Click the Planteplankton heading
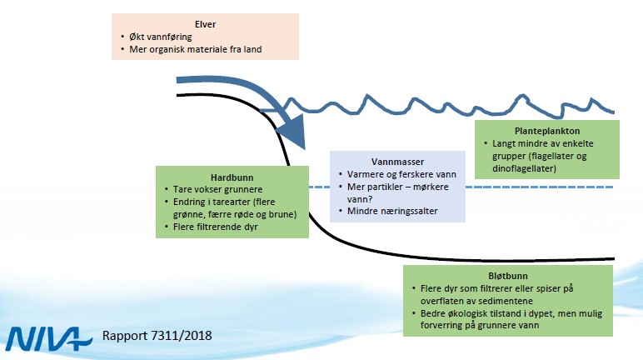click(546, 131)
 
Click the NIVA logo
click(50, 337)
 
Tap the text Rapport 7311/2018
click(157, 337)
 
